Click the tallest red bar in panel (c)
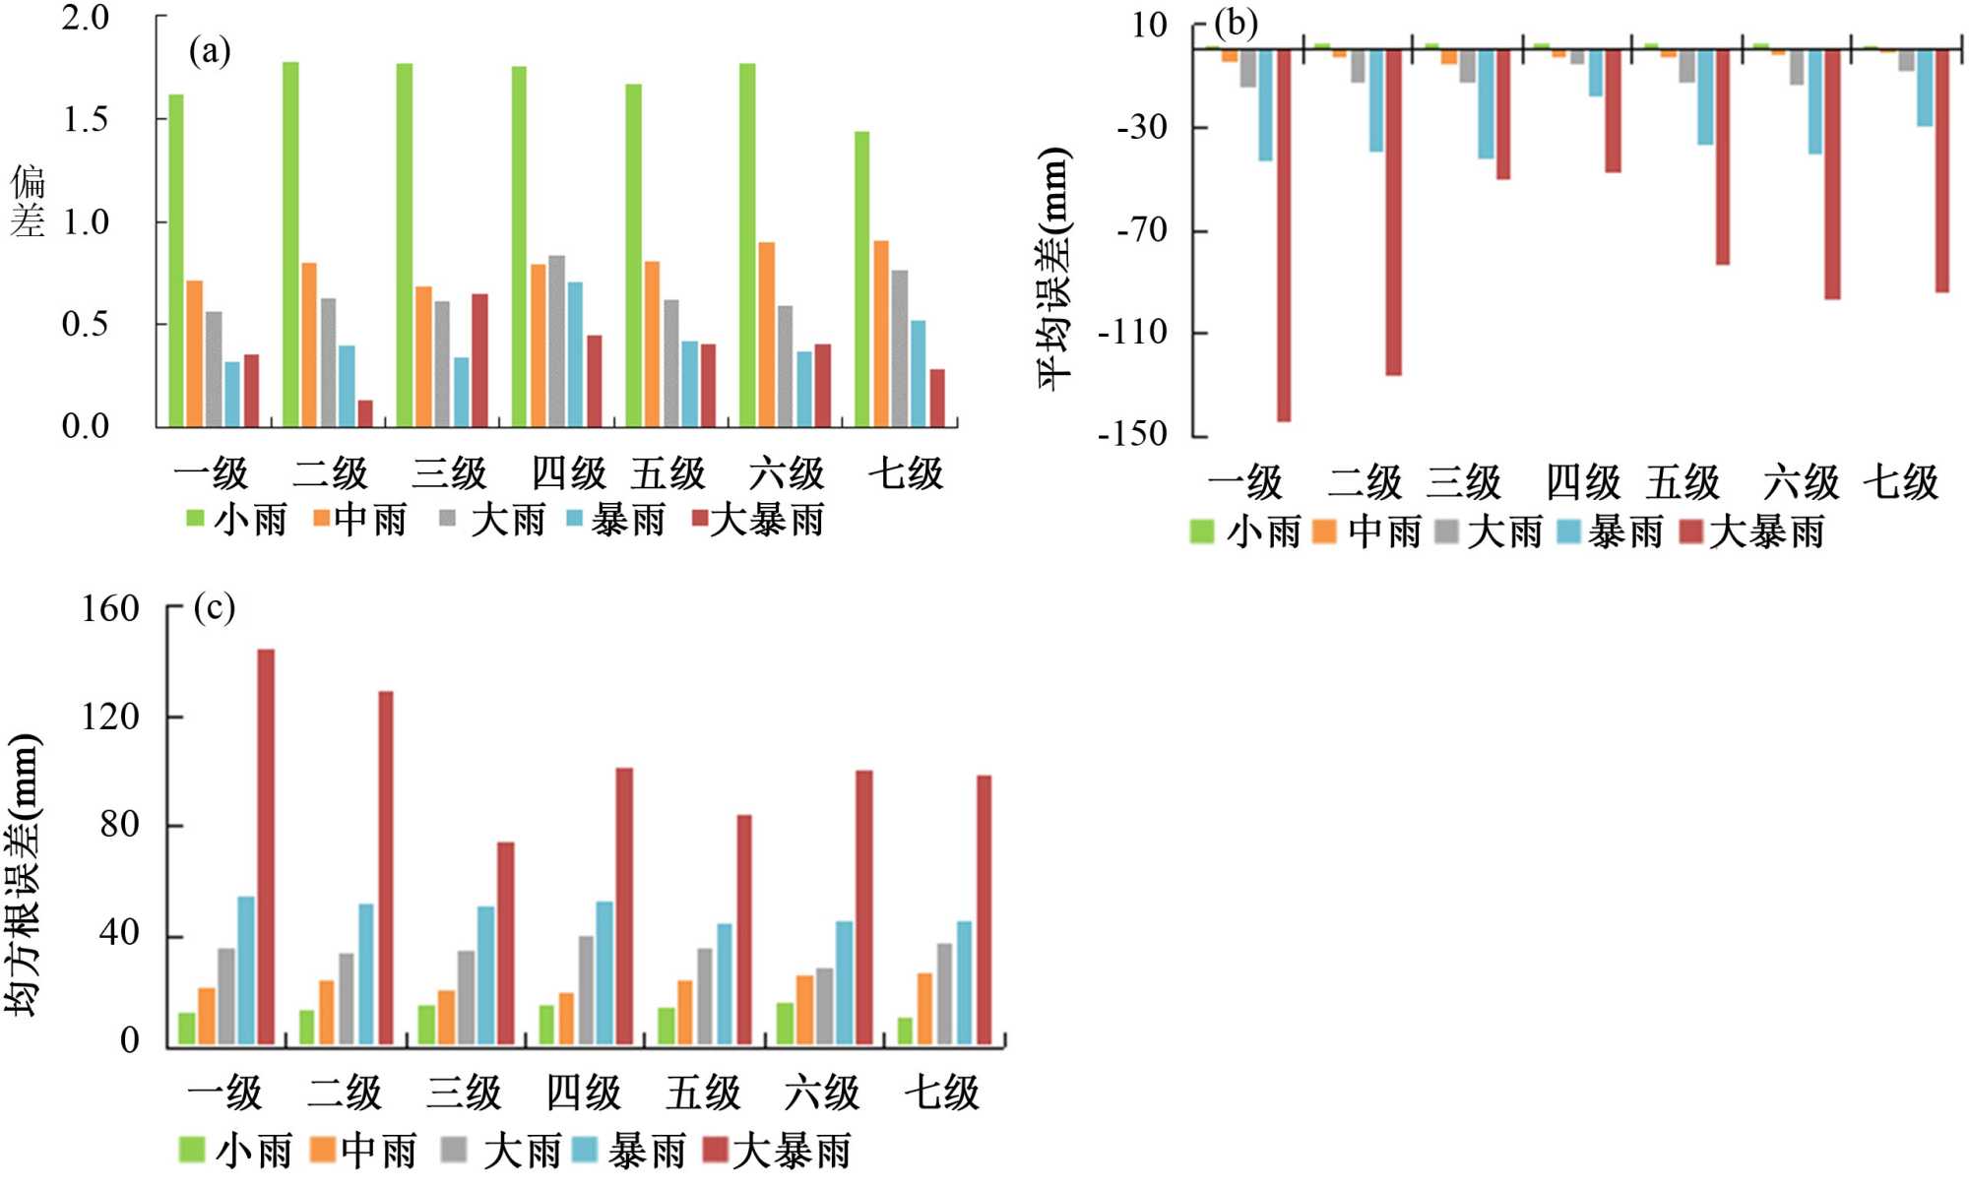tap(266, 846)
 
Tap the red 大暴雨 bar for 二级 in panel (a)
tap(365, 413)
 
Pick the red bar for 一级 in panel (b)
tap(1284, 236)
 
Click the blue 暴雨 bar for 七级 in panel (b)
tap(1924, 89)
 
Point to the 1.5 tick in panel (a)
tap(86, 120)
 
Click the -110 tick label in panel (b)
tap(1132, 333)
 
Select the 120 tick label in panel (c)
tap(110, 717)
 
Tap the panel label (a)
tap(210, 50)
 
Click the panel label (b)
tap(1236, 23)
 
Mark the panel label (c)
tap(215, 607)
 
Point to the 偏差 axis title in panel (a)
tap(28, 201)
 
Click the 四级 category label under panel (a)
tap(568, 473)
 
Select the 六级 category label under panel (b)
tap(1801, 482)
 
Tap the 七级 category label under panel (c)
tap(941, 1093)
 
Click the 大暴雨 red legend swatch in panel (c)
tap(715, 1149)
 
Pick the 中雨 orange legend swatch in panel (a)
tap(321, 518)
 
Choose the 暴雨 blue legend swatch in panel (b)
tap(1568, 531)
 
